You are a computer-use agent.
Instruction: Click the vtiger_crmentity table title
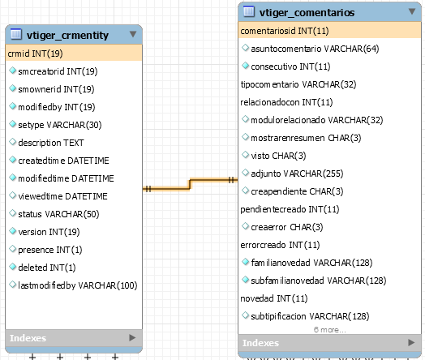tap(67, 35)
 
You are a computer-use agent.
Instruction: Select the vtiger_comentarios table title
tap(307, 12)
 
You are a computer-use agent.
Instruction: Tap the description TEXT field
tap(51, 143)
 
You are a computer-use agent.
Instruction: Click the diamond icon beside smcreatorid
tap(12, 71)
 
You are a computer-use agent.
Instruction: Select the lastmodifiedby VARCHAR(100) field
tap(78, 285)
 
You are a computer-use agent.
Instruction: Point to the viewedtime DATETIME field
tap(62, 196)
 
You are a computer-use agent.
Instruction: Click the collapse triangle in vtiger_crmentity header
tap(133, 34)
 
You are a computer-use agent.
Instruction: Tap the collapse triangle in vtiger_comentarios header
tap(412, 11)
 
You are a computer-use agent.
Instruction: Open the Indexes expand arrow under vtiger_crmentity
tap(132, 337)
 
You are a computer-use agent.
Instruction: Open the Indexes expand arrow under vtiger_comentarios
tap(411, 342)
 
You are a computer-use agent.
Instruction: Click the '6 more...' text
tap(329, 330)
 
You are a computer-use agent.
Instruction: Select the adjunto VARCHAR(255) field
tap(297, 174)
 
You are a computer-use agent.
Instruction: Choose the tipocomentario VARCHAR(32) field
tap(298, 84)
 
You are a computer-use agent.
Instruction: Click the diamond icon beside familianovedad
tap(245, 262)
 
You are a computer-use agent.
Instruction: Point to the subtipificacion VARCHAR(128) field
tap(310, 316)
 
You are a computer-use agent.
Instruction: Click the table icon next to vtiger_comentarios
tap(249, 11)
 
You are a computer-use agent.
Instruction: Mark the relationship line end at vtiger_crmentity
tap(143, 189)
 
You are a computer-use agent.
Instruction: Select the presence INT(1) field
tap(50, 250)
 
